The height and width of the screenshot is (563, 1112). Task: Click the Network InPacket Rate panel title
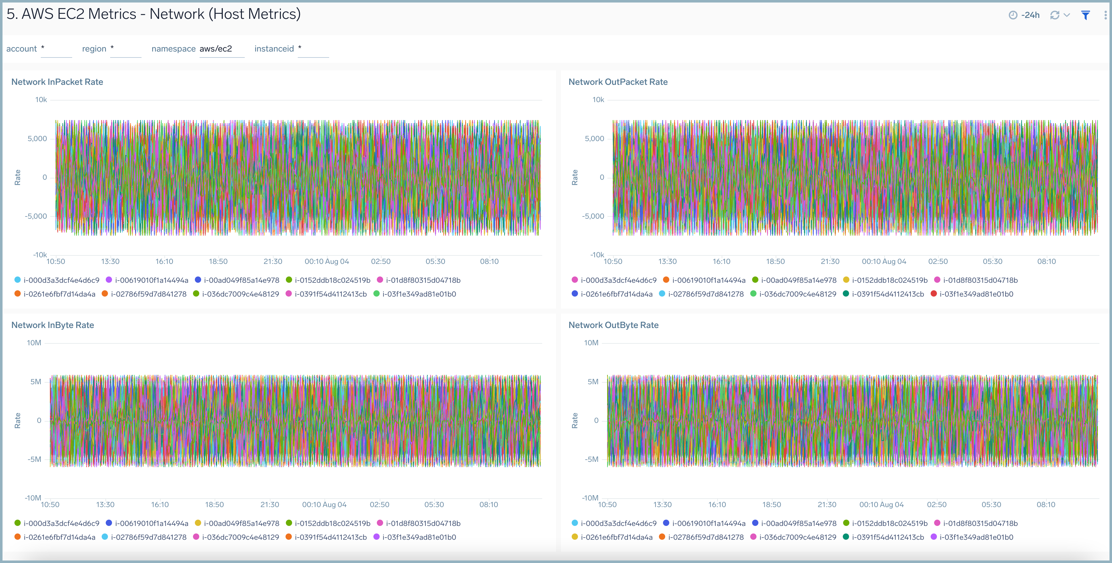click(x=57, y=82)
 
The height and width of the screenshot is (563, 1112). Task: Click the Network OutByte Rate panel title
click(x=613, y=325)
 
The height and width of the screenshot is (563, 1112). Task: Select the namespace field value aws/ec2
click(x=216, y=49)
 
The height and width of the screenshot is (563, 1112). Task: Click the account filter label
click(x=22, y=49)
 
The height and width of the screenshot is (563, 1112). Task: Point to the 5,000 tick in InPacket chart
click(x=37, y=139)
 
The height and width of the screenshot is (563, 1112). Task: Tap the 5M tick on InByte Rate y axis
click(x=35, y=381)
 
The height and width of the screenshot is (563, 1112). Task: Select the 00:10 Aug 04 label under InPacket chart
click(x=326, y=261)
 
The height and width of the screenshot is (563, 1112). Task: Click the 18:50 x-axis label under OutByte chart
click(x=772, y=505)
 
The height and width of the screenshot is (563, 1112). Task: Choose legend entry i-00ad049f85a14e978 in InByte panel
click(x=241, y=523)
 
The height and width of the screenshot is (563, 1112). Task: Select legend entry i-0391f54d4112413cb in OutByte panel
click(x=888, y=537)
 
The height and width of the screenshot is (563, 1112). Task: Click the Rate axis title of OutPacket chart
click(x=575, y=177)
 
